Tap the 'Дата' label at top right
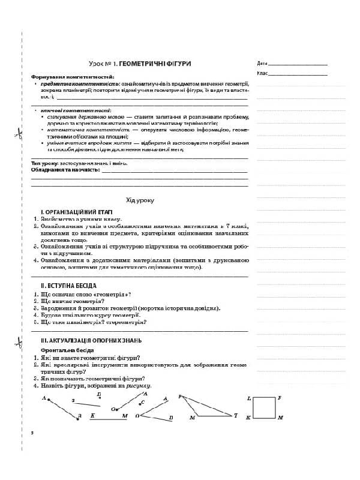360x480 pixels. tap(261, 63)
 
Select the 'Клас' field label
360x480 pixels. tap(262, 73)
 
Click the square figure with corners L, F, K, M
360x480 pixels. tap(263, 407)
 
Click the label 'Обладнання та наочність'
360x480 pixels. tap(65, 170)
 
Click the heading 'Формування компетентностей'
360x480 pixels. tap(64, 77)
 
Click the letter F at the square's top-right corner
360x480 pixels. tap(280, 398)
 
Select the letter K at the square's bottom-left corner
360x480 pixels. tap(248, 417)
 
